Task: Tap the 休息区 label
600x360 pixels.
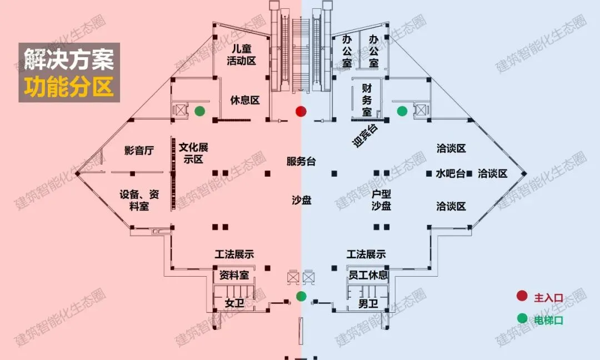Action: (245, 101)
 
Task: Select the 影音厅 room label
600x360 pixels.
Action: (139, 151)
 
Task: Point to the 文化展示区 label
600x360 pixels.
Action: (194, 153)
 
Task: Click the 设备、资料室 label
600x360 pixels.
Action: (139, 201)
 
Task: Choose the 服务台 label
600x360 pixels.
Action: (301, 162)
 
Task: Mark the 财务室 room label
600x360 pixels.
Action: (367, 100)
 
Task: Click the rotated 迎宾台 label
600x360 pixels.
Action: (365, 136)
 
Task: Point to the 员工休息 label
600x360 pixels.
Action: (368, 276)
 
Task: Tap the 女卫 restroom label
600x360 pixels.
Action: (234, 303)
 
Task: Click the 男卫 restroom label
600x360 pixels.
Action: (368, 303)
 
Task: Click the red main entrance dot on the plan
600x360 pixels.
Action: (301, 112)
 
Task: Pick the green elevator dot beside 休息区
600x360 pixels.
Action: (199, 111)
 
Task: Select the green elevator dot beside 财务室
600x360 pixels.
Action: (402, 111)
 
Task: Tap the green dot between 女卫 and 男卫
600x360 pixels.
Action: (301, 296)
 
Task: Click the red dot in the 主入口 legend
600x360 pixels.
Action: (522, 297)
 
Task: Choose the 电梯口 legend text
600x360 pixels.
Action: (549, 319)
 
